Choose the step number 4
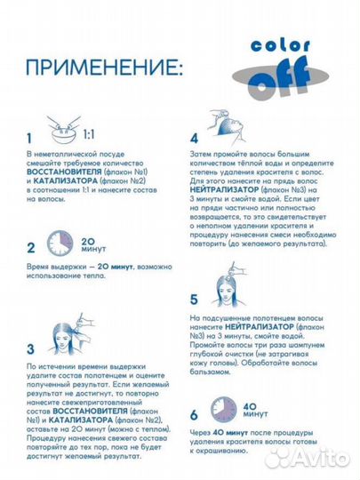coord(194,139)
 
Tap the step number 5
coord(194,300)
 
